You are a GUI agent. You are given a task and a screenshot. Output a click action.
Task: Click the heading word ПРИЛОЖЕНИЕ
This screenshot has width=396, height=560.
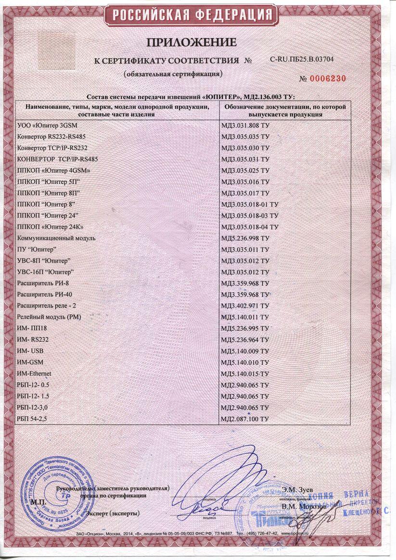(x=198, y=43)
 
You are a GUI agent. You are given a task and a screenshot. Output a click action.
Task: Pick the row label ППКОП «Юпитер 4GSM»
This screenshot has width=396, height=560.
(x=53, y=170)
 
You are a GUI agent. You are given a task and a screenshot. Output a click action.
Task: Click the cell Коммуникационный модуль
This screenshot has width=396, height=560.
(x=56, y=238)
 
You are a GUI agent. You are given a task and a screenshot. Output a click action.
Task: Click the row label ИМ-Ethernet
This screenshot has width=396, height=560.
(x=34, y=373)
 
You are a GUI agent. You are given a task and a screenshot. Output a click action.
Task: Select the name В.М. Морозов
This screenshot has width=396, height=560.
(x=305, y=506)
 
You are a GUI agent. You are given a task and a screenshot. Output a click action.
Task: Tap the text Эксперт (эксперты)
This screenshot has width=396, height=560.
(x=113, y=513)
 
